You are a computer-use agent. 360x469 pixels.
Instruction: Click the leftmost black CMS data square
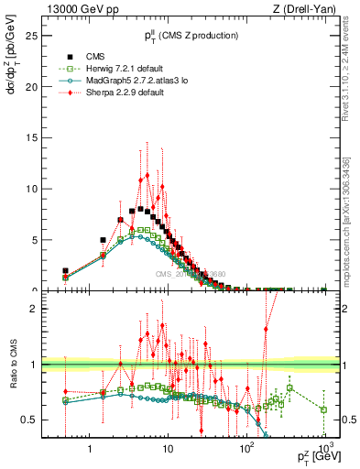pyautogui.click(x=65, y=271)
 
